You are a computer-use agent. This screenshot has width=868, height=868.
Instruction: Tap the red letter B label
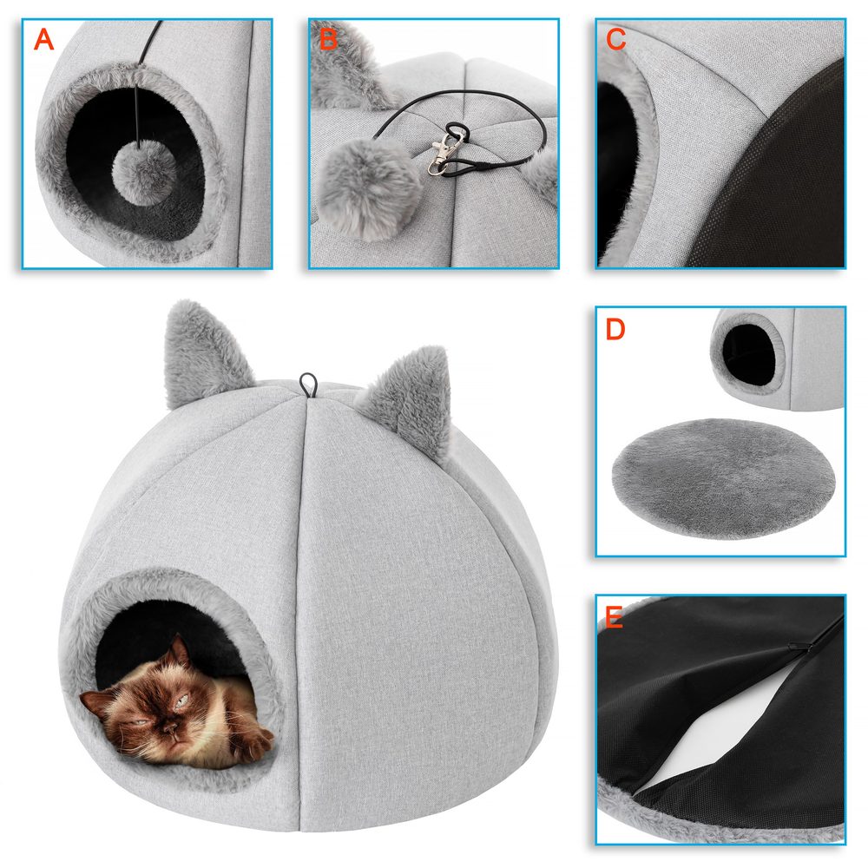[x=328, y=39]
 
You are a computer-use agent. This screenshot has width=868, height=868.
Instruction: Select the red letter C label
[x=616, y=39]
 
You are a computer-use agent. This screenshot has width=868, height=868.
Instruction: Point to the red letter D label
[x=615, y=330]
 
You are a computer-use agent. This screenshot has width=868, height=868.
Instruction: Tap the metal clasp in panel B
[x=447, y=152]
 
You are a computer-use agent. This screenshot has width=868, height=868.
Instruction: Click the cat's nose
[x=176, y=719]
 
